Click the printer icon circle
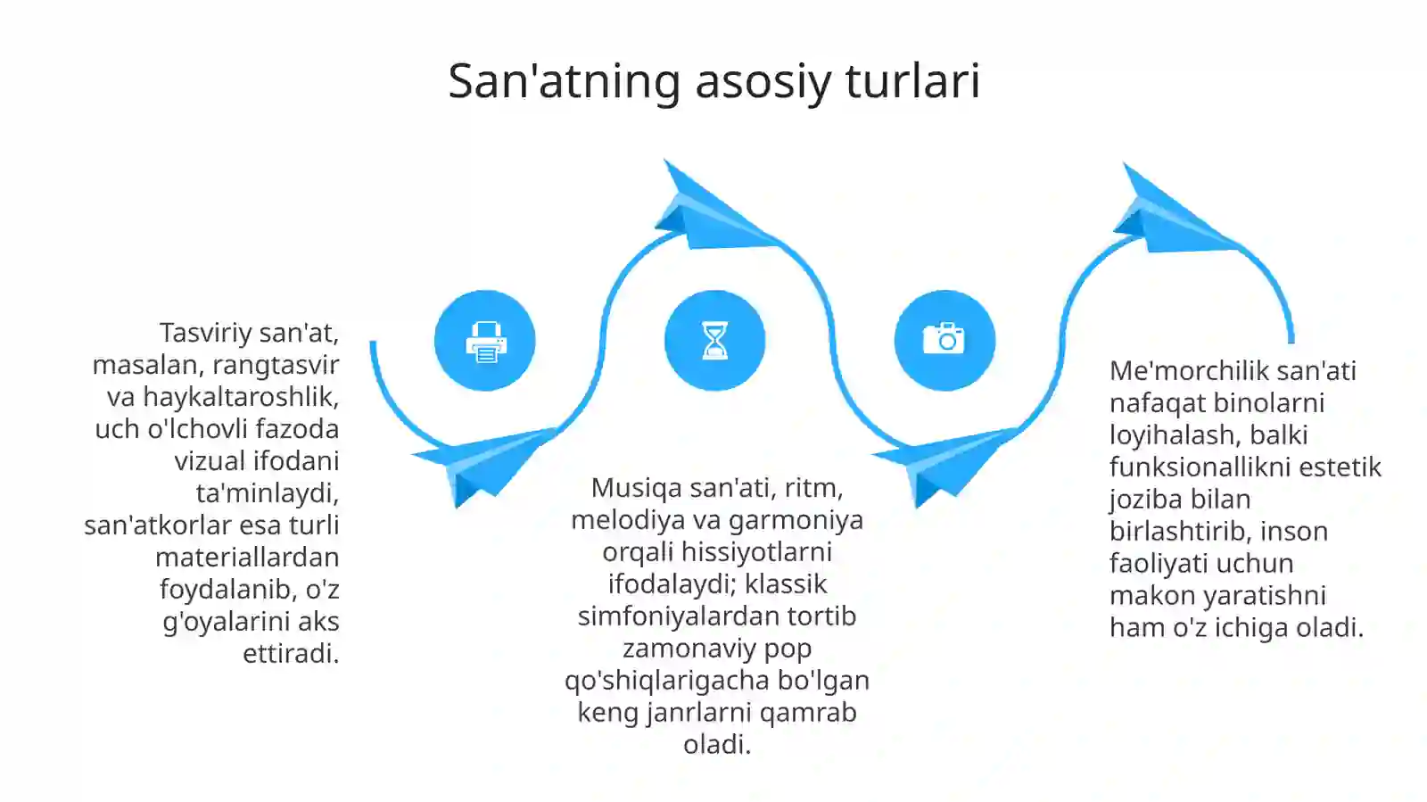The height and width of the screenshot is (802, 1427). pyautogui.click(x=485, y=341)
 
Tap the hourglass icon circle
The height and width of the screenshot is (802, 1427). pyautogui.click(x=714, y=341)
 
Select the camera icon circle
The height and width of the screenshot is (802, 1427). pyautogui.click(x=944, y=341)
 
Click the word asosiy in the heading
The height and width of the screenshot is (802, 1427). pyautogui.click(x=763, y=81)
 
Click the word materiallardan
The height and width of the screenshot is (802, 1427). pyautogui.click(x=247, y=558)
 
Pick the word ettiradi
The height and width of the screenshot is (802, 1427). pyautogui.click(x=291, y=654)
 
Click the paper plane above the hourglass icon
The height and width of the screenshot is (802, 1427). pyautogui.click(x=709, y=210)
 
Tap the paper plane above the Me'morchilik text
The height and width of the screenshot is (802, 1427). pyautogui.click(x=1168, y=214)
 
